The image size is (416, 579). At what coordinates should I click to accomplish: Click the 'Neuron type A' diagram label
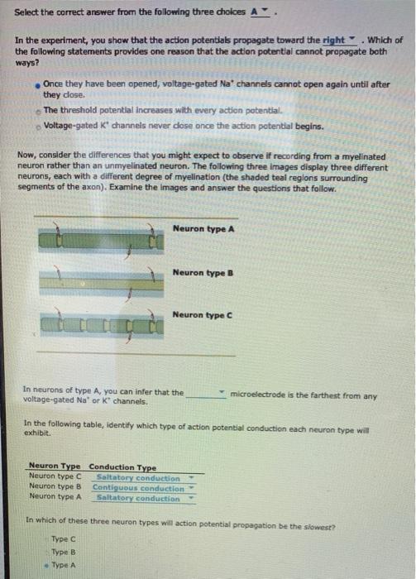point(203,228)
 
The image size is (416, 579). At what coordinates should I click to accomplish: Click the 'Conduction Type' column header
point(122,467)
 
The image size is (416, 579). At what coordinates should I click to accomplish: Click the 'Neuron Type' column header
point(55,467)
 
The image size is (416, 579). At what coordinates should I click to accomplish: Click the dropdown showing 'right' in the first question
point(339,40)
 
